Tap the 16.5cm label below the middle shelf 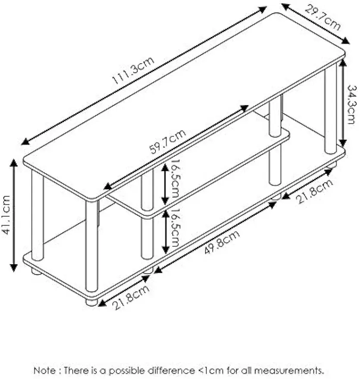coord(175,233)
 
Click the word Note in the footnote coord(44,370)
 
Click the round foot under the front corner coord(91,302)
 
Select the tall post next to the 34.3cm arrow coord(331,108)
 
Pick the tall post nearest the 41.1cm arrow coord(38,216)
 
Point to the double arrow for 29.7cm coord(315,23)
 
